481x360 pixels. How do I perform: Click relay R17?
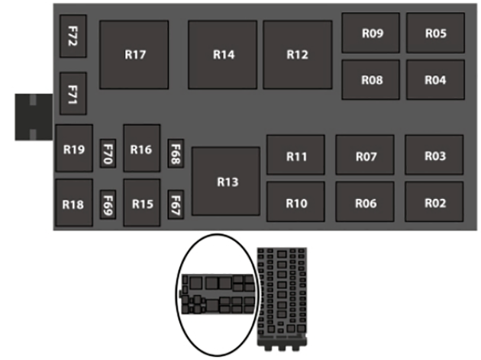134,55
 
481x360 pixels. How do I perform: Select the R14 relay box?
223,55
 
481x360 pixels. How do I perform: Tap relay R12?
297,55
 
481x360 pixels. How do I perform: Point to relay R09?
370,34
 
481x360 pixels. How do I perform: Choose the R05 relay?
435,34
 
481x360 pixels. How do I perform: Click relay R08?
370,80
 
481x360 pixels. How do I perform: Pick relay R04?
435,80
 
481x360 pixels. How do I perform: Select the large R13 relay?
227,182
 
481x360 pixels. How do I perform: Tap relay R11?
295,156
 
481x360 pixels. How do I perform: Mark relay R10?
295,203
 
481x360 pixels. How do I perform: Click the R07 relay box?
365,156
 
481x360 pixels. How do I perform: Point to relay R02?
434,203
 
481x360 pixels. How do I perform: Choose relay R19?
74,149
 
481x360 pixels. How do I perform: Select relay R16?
141,149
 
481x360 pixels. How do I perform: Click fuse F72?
73,37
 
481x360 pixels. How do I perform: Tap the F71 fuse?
73,94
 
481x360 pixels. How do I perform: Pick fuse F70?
108,156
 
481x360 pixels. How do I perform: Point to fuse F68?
176,155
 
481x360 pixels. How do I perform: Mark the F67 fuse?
176,204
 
